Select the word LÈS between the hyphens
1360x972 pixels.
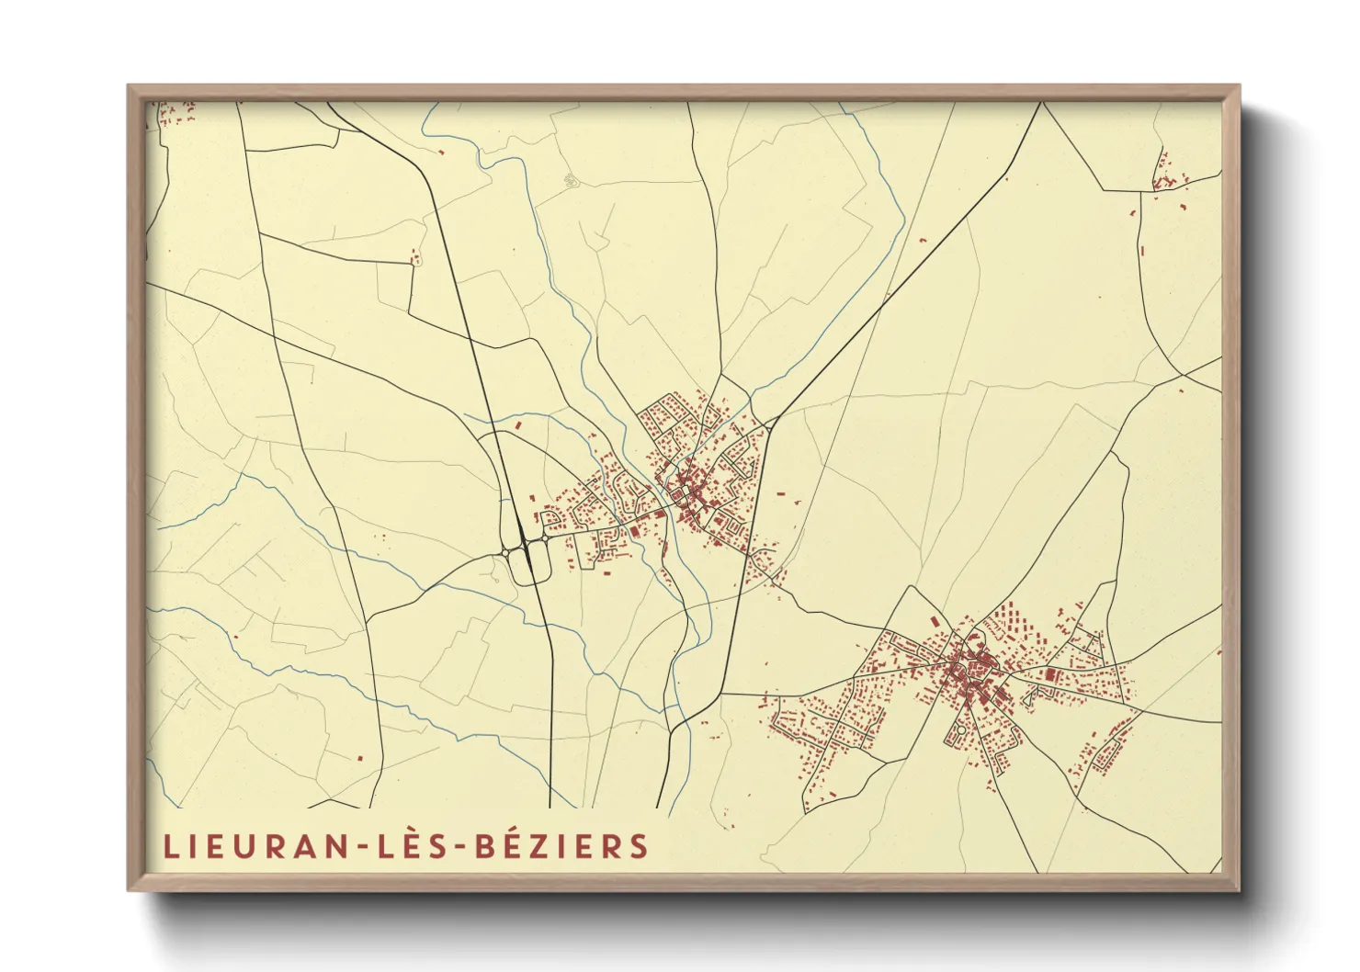tap(413, 846)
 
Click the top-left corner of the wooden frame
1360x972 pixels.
tap(130, 87)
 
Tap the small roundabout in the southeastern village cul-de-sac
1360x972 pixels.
tap(960, 730)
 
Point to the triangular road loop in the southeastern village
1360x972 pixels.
tap(1028, 697)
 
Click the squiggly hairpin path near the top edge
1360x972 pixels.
tap(570, 179)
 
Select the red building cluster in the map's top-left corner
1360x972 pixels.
tap(177, 114)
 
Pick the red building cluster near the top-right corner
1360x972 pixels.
tap(1164, 176)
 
